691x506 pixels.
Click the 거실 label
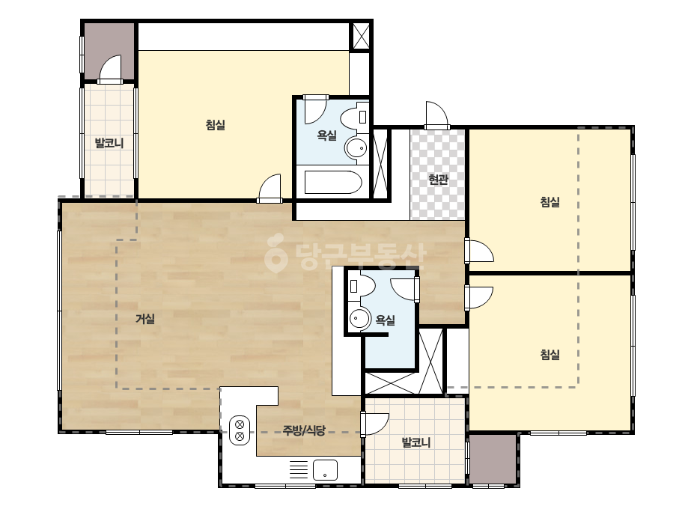145,319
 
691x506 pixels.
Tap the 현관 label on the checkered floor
438,180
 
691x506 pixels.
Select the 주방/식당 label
304,430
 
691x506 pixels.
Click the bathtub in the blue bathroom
332,182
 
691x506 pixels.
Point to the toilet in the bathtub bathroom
354,118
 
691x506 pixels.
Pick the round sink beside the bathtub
356,147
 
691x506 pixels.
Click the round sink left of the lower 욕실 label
360,317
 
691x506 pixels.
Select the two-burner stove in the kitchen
240,430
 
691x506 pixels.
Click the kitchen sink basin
325,470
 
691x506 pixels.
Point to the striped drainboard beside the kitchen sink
299,470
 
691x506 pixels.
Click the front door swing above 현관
436,115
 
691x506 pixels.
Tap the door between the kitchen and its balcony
374,424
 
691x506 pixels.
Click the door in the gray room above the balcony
110,69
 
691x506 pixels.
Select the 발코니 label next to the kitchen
415,442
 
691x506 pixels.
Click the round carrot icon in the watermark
276,253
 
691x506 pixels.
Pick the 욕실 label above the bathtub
326,135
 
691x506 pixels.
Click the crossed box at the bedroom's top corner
361,36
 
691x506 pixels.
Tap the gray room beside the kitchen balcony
493,458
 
